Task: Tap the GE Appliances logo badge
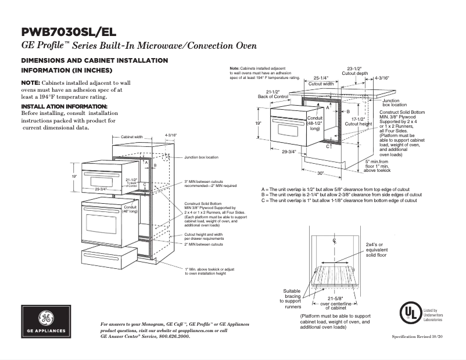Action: (45, 322)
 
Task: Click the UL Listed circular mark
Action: (410, 313)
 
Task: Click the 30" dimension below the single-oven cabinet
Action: (320, 173)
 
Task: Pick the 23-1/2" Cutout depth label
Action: (354, 70)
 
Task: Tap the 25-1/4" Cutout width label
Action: (320, 80)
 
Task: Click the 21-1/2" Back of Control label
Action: (269, 94)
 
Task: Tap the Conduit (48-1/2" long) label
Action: (314, 123)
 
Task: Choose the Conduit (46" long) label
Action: (129, 209)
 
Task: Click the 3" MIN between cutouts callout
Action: (210, 183)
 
